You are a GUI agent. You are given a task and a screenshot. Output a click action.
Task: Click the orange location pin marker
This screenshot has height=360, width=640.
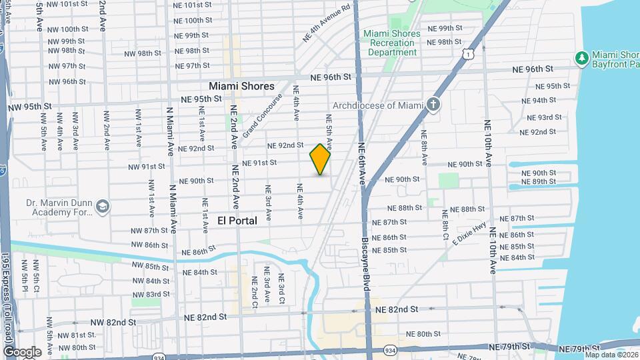point(320,159)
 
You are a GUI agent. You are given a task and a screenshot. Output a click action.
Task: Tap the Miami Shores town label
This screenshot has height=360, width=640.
point(241,86)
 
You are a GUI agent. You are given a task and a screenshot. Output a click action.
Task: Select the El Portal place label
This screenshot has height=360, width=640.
point(237,221)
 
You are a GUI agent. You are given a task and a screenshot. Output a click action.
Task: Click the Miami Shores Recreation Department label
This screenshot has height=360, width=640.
point(392,43)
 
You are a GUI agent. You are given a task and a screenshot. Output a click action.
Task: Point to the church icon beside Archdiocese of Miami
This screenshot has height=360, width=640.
point(433,105)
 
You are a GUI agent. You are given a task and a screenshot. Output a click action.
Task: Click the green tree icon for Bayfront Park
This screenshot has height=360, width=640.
point(582,59)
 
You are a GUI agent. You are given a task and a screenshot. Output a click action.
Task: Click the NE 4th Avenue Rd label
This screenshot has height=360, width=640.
point(326,25)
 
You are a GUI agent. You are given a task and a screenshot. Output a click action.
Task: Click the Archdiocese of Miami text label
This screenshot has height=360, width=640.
point(378,105)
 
